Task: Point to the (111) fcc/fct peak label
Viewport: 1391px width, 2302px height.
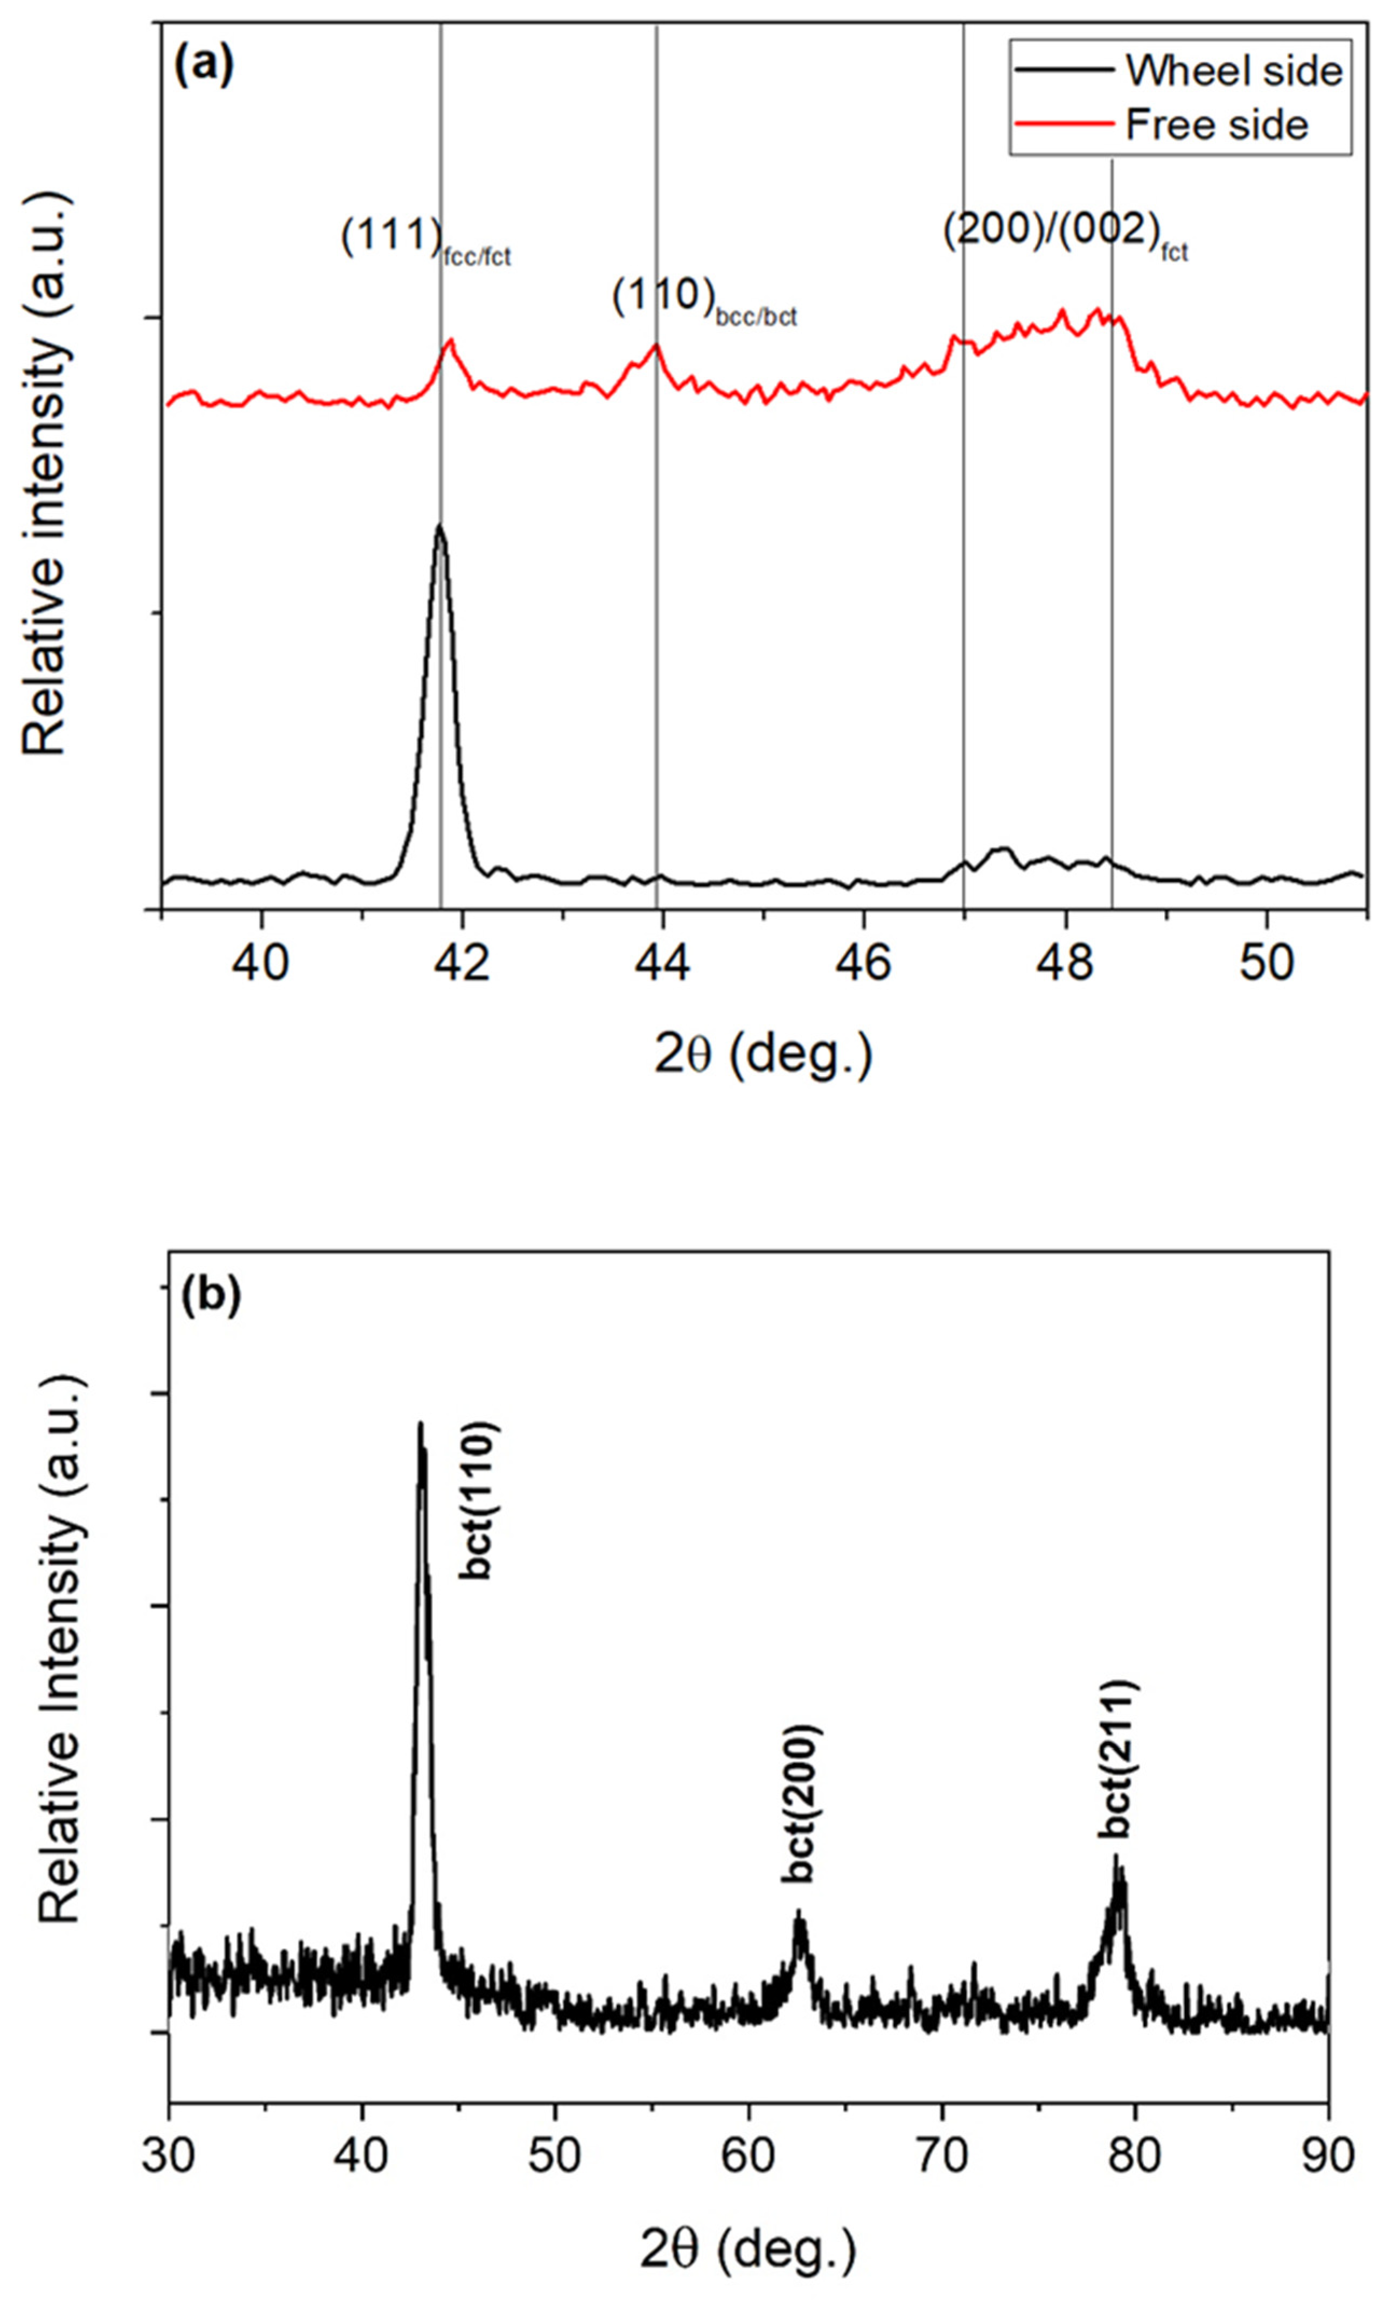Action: click(x=425, y=242)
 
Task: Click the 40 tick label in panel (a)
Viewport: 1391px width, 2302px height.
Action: click(x=262, y=963)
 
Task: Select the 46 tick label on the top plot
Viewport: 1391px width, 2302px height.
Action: click(x=864, y=963)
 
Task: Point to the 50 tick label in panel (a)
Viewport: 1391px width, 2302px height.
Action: click(x=1266, y=963)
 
